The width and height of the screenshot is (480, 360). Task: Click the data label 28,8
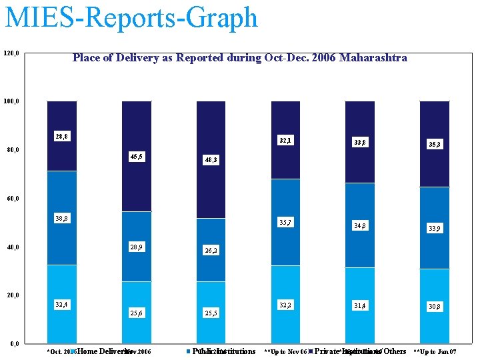pos(61,137)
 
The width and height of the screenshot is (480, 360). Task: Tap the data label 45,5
pos(136,157)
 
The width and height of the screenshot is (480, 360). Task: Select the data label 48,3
pos(211,161)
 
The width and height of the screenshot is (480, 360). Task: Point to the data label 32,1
pos(285,141)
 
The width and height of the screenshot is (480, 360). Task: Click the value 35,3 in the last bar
pos(435,144)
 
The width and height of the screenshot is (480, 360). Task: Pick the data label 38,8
pos(61,218)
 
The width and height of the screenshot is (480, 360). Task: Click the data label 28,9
pos(136,247)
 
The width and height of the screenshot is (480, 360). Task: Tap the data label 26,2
pos(211,251)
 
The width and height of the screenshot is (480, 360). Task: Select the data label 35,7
pos(285,222)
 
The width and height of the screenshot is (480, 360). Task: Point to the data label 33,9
pos(435,229)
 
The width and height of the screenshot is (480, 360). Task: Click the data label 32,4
pos(61,305)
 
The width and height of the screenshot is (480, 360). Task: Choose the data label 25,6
pos(136,313)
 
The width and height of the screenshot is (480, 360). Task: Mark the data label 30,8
pos(435,307)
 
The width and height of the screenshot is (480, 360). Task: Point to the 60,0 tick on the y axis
pos(13,199)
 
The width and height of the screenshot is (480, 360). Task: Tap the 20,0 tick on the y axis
pos(13,295)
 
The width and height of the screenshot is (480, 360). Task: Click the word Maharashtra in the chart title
pos(373,58)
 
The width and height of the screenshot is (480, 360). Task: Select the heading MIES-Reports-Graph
pos(131,17)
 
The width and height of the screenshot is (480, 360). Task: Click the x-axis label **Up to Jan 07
pos(435,351)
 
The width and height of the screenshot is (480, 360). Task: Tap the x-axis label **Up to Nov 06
pos(285,351)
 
